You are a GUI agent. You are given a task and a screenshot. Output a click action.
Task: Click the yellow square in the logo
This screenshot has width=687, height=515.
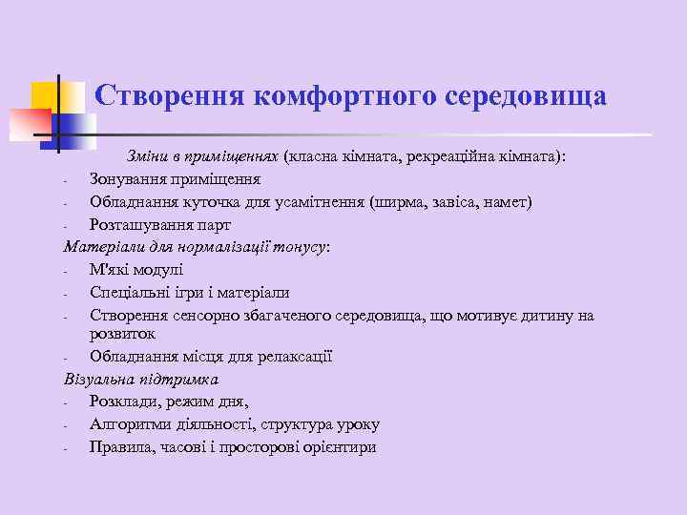pos(45,96)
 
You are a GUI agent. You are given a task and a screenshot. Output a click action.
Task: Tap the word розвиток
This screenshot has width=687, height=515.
pos(122,335)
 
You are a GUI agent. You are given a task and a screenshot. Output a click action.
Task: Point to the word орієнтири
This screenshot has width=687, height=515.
pos(339,446)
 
